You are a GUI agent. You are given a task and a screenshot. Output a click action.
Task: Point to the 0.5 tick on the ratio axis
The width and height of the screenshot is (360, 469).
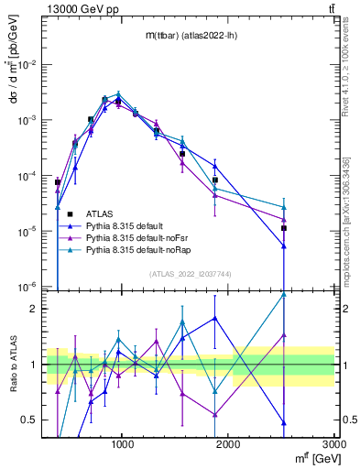pyautogui.click(x=33, y=420)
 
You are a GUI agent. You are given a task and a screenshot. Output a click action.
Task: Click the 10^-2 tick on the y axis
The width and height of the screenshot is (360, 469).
pyautogui.click(x=29, y=65)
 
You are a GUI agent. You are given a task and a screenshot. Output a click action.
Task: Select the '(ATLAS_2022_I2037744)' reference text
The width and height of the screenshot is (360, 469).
pyautogui.click(x=191, y=274)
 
